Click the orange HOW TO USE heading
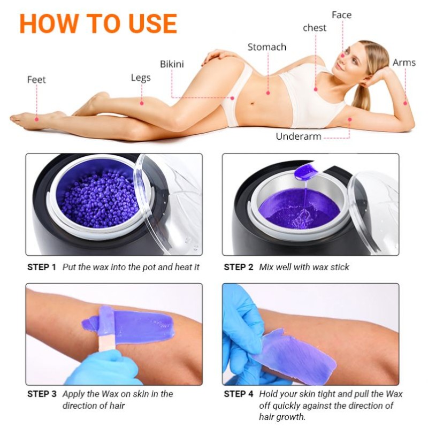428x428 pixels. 98,24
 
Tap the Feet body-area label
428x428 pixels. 36,80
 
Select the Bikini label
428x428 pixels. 172,64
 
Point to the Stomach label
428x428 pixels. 266,47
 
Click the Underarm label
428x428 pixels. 299,136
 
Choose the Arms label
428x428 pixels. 404,63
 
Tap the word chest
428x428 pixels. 315,28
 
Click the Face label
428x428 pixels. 341,15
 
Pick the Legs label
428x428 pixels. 141,78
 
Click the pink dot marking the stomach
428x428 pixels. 268,93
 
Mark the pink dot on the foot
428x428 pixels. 36,119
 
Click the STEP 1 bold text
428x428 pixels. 42,267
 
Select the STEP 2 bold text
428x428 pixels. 238,267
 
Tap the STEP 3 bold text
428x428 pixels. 42,394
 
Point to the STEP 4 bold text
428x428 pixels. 238,394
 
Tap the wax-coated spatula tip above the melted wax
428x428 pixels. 306,171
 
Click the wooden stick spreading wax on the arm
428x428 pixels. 107,328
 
